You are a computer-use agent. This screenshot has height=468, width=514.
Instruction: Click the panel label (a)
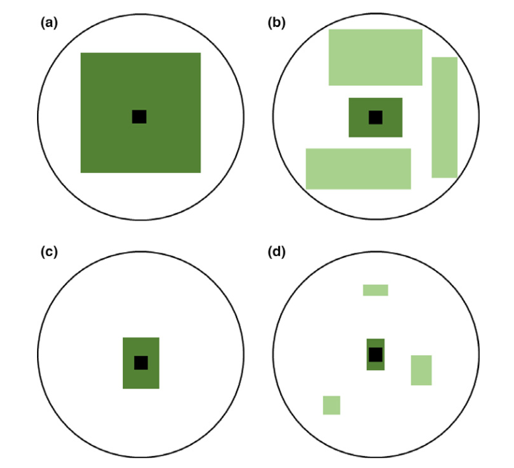tap(50, 23)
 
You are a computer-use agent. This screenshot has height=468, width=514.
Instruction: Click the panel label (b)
tap(275, 23)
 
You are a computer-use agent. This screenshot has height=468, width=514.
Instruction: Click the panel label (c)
tap(50, 252)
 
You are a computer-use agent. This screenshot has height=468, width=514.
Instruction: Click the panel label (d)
tap(275, 252)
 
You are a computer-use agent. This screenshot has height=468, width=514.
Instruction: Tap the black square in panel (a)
tap(139, 117)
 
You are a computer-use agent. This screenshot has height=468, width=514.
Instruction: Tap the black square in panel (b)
tap(375, 117)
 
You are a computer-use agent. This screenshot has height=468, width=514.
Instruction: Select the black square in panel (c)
tap(141, 362)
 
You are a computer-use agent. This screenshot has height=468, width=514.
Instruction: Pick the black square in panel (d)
tap(375, 354)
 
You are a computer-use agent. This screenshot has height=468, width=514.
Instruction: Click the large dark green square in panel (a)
tap(106, 79)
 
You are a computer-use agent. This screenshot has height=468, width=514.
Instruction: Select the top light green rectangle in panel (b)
tap(375, 57)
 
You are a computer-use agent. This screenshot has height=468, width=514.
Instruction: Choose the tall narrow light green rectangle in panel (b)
tap(444, 117)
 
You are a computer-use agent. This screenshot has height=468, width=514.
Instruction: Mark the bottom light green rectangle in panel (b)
tap(358, 168)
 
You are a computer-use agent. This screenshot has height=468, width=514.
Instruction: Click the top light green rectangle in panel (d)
tap(375, 290)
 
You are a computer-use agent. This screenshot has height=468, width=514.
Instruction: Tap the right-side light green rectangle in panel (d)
tap(421, 370)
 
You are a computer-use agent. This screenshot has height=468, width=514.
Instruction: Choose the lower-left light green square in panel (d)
tap(331, 405)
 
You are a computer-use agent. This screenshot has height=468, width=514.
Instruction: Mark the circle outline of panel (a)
tap(38, 117)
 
